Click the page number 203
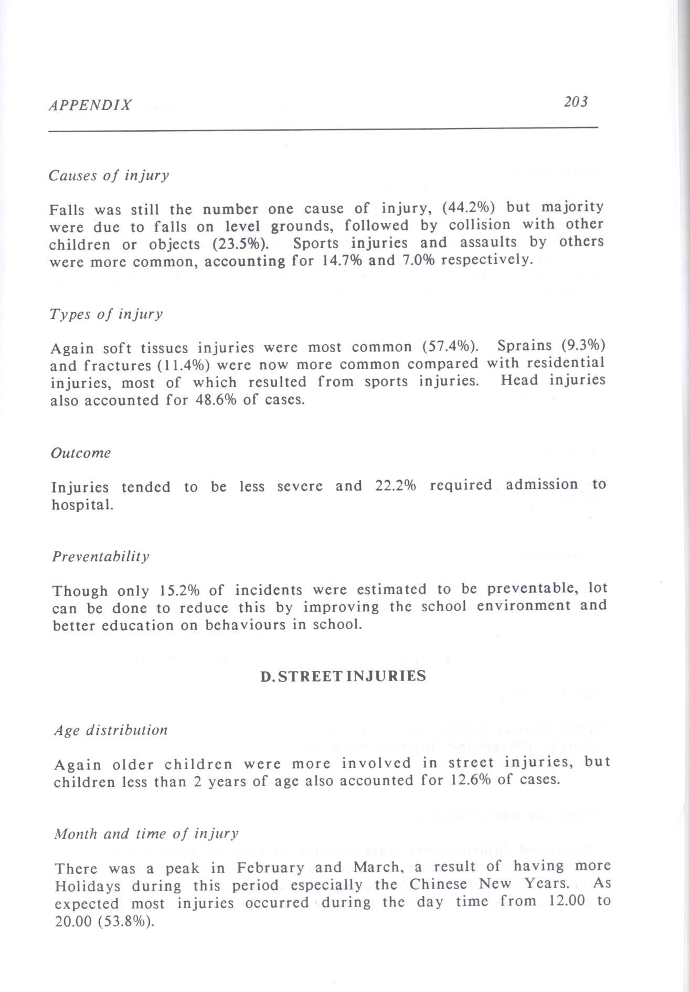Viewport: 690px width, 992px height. [576, 102]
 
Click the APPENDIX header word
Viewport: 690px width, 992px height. [90, 105]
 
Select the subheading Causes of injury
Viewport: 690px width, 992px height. [109, 175]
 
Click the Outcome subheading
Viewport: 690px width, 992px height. [81, 453]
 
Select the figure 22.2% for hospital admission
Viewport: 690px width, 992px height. [396, 485]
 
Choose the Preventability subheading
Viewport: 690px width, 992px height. [101, 557]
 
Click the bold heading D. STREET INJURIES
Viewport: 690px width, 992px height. [343, 676]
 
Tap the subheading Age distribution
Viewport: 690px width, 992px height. [111, 730]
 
